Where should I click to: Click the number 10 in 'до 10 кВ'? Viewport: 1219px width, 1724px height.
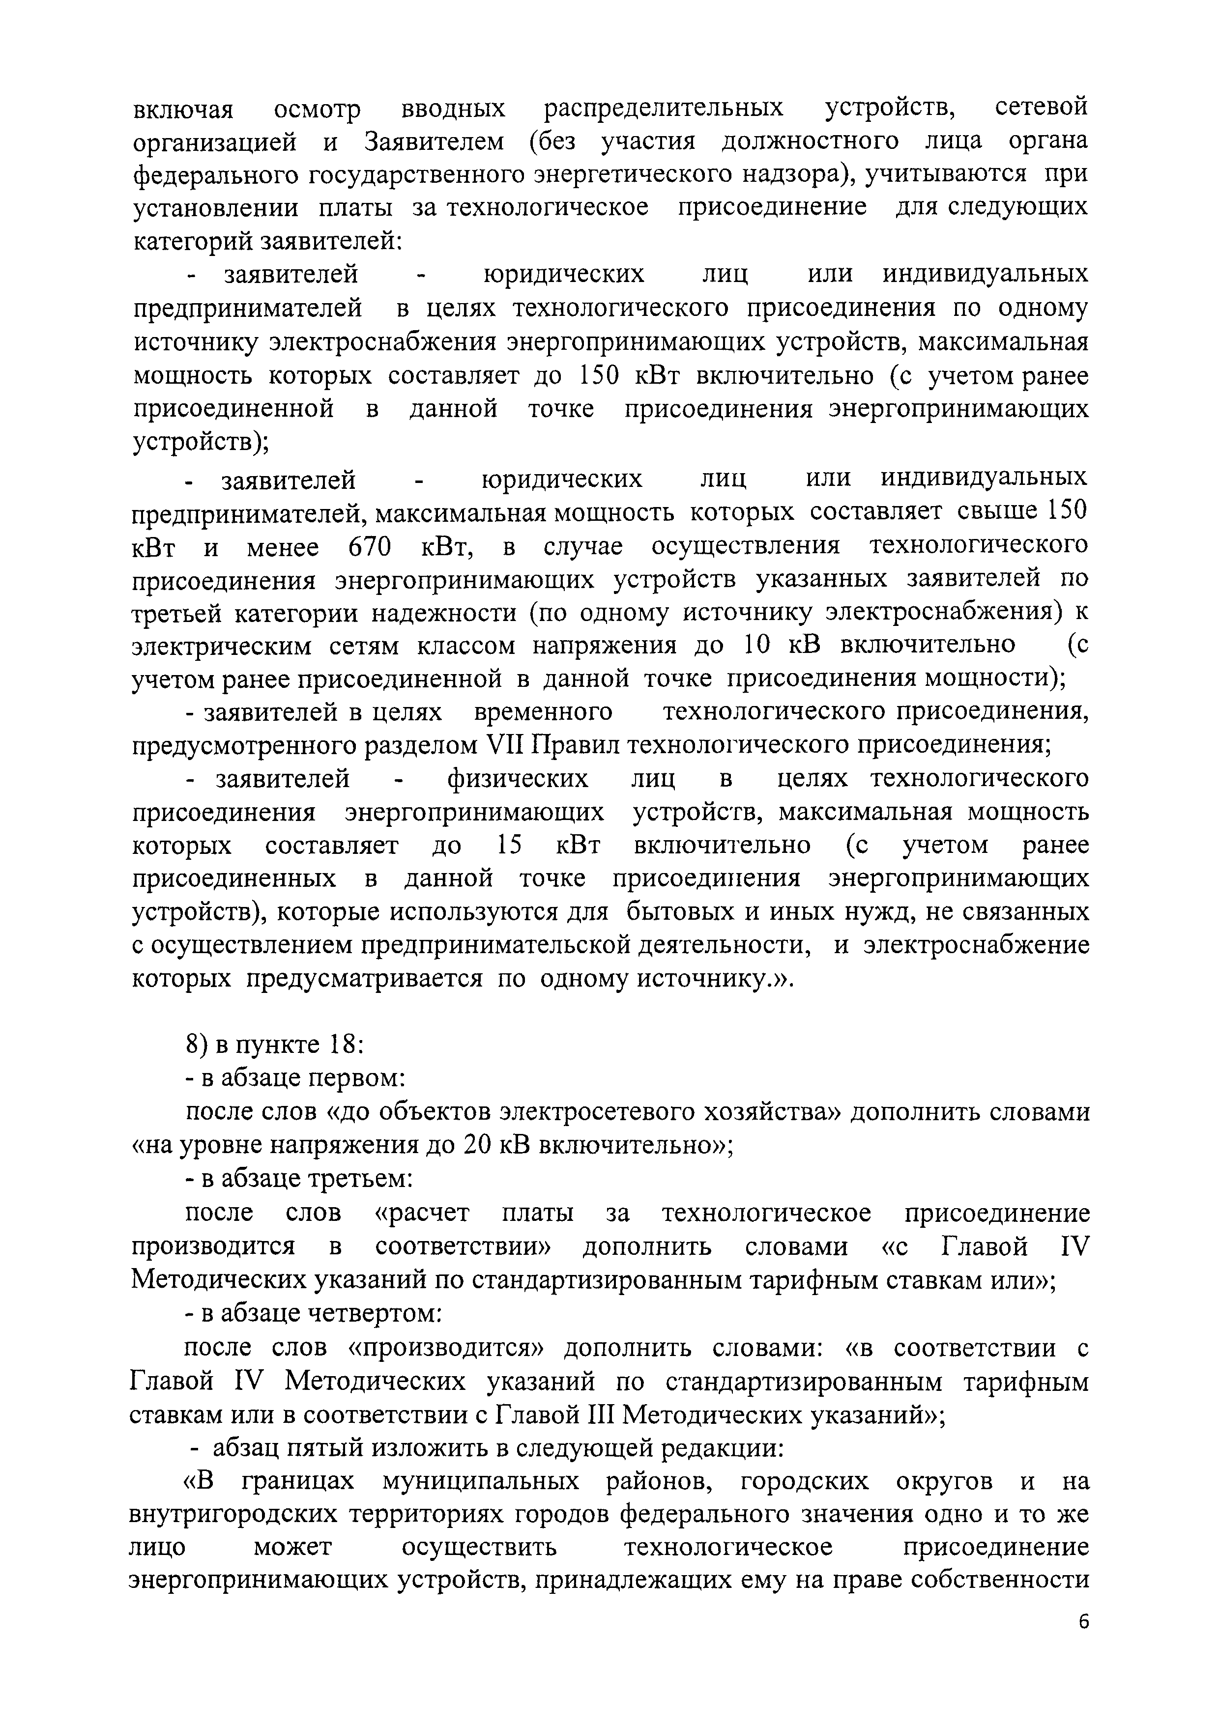point(756,645)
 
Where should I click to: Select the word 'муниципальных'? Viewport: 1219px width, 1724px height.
point(481,1481)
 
